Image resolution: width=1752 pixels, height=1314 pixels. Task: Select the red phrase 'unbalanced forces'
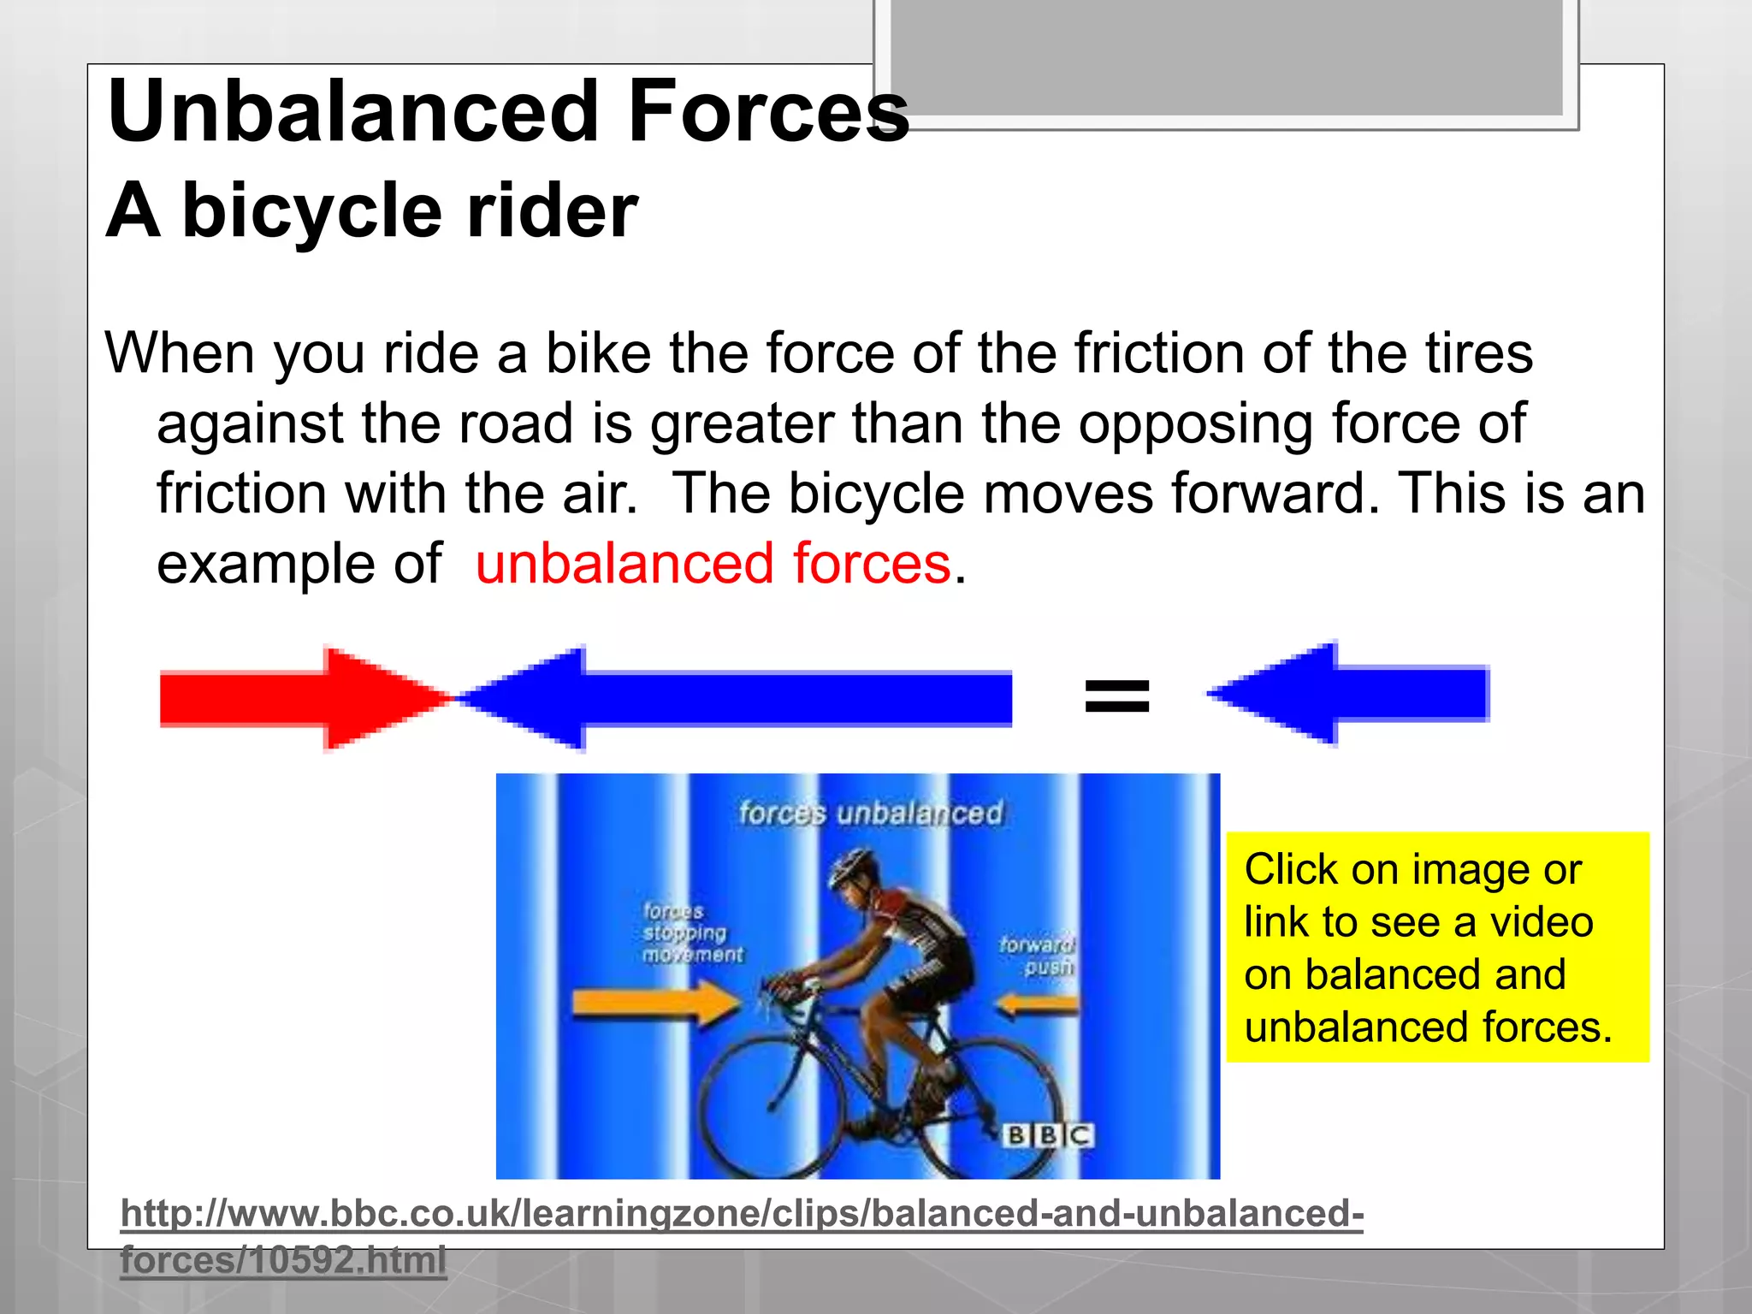[x=713, y=564]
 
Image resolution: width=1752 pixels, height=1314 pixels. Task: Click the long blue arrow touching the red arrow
[x=736, y=698]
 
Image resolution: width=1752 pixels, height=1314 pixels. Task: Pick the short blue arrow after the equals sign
[x=1352, y=694]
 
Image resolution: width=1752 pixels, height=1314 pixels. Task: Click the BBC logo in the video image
[x=1048, y=1135]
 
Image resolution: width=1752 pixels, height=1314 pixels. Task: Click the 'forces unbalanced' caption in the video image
[x=870, y=813]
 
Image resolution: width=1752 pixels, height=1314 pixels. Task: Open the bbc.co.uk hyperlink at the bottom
[x=741, y=1214]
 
